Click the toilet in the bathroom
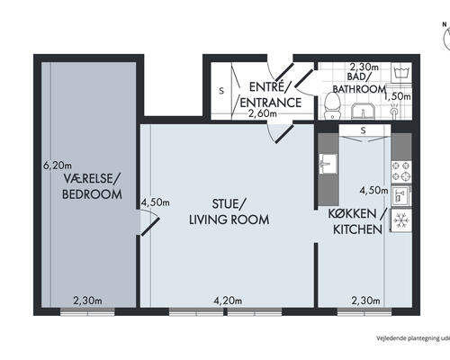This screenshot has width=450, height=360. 332,105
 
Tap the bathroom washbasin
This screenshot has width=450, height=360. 363,111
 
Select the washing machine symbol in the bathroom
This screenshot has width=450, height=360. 401,73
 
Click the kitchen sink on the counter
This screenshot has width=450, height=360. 328,164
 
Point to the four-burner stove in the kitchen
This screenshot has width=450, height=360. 401,171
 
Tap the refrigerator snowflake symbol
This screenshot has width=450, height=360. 401,220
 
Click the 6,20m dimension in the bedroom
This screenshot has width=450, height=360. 58,166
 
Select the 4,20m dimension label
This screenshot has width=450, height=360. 228,301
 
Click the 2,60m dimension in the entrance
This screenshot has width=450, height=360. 263,113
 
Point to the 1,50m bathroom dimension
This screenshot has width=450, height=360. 398,97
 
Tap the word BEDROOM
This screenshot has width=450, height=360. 92,194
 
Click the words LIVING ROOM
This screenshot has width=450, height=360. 229,220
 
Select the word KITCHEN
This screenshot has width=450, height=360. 357,229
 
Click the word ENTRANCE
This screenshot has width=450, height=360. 271,103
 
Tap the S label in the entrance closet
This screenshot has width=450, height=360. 221,91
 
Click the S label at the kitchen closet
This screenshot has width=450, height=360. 364,130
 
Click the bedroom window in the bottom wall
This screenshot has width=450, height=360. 87,311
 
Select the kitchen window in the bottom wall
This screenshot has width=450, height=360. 364,311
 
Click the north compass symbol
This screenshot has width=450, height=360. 446,36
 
